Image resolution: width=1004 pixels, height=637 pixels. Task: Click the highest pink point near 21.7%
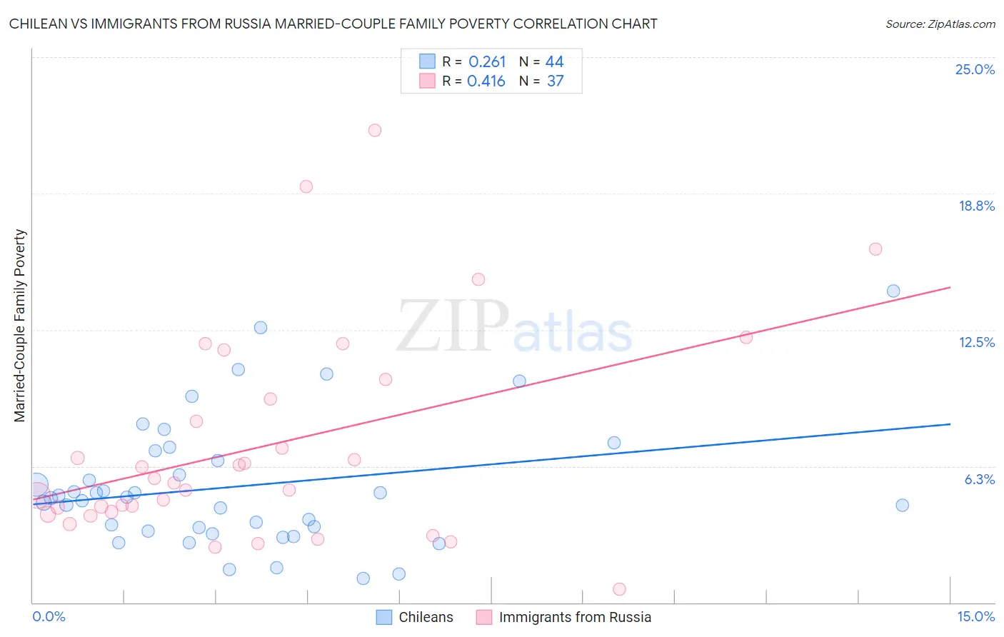375,130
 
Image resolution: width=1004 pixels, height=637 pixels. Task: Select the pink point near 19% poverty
306,186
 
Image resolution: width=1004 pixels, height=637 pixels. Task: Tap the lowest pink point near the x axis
619,589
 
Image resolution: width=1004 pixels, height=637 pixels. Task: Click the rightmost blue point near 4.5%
902,505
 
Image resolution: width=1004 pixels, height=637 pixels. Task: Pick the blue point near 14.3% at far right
893,291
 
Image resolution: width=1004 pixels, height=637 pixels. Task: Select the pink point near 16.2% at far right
875,249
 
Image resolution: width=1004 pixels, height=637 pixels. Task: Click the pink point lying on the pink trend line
746,338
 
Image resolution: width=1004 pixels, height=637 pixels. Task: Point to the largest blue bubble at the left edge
36,486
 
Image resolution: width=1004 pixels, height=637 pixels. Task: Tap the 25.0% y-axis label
975,69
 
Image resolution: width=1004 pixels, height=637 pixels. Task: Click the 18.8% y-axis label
976,206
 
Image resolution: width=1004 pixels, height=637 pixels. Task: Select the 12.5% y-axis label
976,342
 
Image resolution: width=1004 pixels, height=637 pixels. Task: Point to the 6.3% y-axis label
979,479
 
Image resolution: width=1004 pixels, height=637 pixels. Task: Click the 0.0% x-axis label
49,616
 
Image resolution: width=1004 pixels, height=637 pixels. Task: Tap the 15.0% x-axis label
975,616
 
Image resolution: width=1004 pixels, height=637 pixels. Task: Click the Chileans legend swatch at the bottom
384,617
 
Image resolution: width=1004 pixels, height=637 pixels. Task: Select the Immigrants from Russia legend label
575,617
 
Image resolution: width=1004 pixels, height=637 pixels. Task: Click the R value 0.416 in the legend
486,81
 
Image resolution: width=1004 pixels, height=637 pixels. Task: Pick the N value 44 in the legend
555,62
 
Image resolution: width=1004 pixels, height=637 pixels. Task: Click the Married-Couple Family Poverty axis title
20,326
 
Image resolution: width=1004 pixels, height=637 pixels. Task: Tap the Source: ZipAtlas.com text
940,24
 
